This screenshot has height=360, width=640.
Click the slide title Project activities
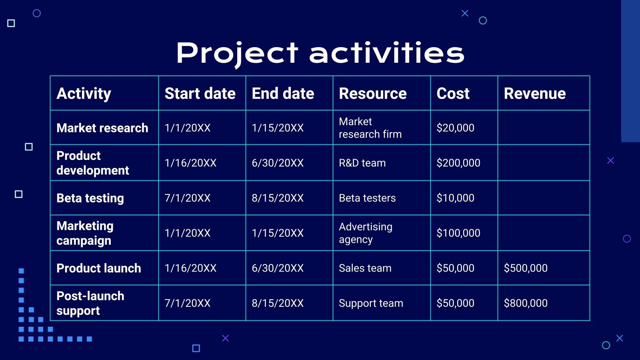point(320,53)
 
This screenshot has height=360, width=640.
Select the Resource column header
point(372,94)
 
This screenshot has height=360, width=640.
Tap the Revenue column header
point(534,94)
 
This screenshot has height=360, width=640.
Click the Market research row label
point(102,128)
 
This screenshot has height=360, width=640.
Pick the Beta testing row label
point(90,198)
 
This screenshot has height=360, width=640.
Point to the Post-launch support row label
point(90,303)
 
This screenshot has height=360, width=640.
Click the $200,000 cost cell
point(458,163)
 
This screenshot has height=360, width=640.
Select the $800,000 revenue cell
point(525,303)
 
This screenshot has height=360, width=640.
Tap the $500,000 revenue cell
point(525,268)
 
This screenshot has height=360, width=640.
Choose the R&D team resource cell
point(362,163)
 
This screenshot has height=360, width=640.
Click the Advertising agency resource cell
point(365,233)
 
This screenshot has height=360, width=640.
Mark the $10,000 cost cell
point(455,198)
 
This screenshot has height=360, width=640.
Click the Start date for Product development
point(190,163)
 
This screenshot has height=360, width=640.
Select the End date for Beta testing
point(278,198)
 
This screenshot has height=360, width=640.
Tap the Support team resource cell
point(371,303)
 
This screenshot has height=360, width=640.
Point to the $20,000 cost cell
point(455,128)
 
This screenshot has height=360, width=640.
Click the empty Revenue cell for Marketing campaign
point(543,233)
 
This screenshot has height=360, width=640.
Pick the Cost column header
point(453,94)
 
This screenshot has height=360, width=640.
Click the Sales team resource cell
point(365,268)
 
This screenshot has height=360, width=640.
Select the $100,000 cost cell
point(458,233)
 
